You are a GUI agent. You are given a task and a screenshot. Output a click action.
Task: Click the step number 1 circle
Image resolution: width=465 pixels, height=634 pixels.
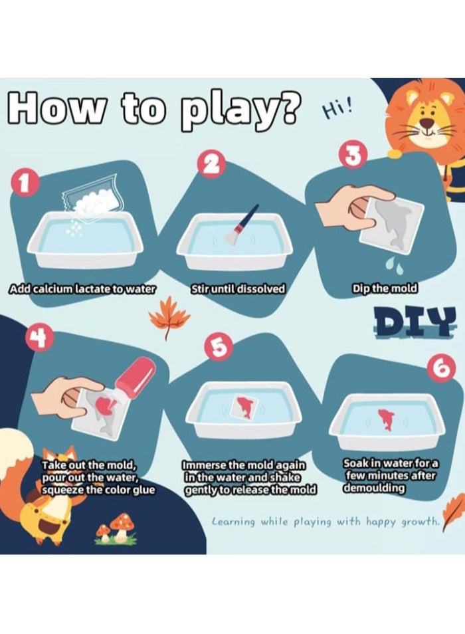pyautogui.click(x=25, y=183)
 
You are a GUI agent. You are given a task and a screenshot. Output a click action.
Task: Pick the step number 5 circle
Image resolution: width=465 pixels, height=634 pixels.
pyautogui.click(x=217, y=348)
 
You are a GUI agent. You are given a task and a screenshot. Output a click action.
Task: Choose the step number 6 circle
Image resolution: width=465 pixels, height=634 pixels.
pyautogui.click(x=443, y=368)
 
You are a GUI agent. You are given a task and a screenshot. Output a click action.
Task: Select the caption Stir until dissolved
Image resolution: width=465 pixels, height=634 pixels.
pyautogui.click(x=238, y=289)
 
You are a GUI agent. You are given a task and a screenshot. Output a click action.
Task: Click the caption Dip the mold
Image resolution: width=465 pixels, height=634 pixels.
pyautogui.click(x=385, y=288)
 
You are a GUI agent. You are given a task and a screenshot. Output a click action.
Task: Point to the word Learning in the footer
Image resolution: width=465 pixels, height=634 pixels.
pyautogui.click(x=234, y=522)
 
